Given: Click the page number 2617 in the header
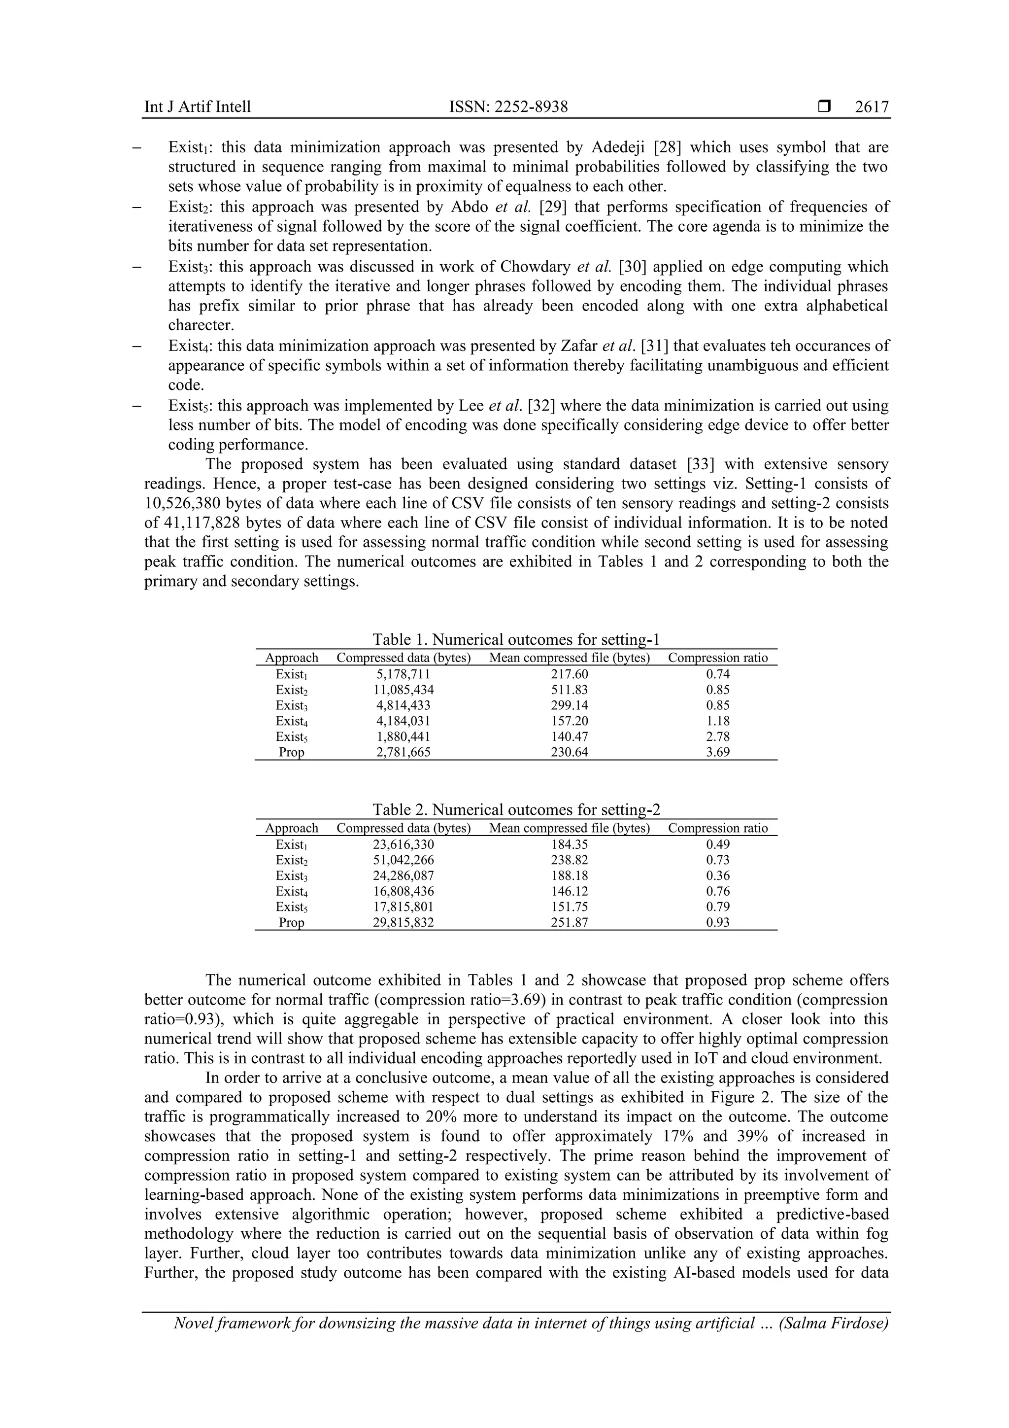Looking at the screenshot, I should [872, 107].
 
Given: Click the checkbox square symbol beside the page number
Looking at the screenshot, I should [824, 107].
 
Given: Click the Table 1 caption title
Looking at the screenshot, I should [515, 639].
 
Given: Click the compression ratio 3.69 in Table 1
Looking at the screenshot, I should [717, 752].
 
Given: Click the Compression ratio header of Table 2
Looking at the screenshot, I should [717, 828].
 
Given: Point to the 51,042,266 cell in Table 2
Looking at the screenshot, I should [404, 860].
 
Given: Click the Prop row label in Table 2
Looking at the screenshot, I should [291, 922].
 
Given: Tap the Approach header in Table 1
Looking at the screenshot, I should [291, 658].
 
